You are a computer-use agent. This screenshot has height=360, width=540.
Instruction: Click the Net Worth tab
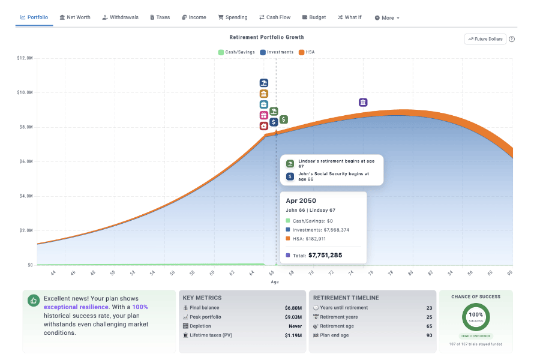75,17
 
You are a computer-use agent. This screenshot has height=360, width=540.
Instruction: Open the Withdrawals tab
120,17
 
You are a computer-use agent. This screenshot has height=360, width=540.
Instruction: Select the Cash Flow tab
275,17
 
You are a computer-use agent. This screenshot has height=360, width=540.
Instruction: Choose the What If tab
349,17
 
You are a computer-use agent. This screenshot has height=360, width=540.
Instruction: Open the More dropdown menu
387,18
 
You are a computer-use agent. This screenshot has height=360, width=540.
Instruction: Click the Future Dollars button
485,39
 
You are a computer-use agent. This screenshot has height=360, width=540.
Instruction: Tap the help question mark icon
512,39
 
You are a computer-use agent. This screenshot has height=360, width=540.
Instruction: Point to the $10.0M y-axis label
25,92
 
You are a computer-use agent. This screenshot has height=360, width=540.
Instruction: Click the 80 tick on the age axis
411,273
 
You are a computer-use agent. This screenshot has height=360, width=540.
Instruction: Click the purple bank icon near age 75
363,103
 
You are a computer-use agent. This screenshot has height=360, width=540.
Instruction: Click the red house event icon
263,126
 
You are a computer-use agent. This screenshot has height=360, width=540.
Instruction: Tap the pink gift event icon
263,115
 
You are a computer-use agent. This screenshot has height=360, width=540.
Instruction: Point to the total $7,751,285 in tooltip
325,255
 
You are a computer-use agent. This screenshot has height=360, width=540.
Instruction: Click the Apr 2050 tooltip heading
301,200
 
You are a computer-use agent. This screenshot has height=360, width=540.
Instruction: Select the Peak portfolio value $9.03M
293,317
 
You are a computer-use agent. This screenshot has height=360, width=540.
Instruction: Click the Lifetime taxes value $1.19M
293,335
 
